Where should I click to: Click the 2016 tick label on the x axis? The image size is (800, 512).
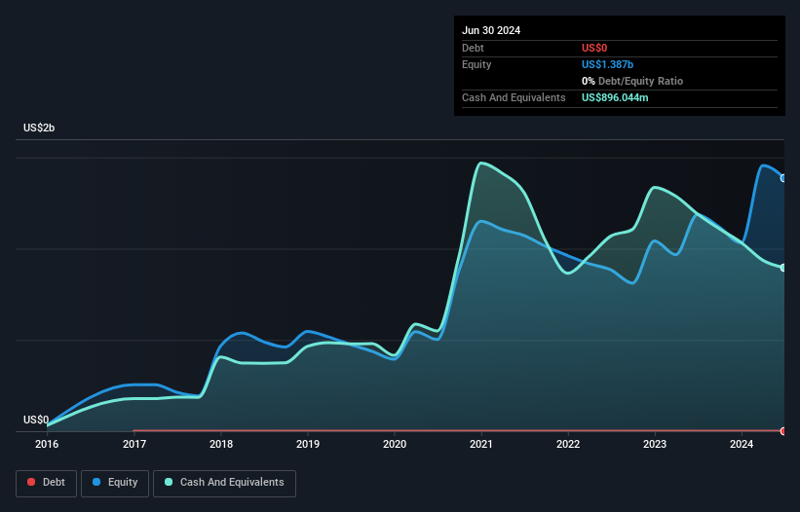pyautogui.click(x=47, y=445)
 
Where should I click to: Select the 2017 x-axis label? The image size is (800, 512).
pyautogui.click(x=134, y=445)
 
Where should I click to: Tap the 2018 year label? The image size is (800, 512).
pyautogui.click(x=221, y=445)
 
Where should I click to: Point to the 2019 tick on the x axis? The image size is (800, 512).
pyautogui.click(x=308, y=445)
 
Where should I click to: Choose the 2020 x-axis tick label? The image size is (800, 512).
pyautogui.click(x=395, y=445)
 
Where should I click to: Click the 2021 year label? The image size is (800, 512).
pyautogui.click(x=481, y=445)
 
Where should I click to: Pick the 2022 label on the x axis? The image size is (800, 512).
pyautogui.click(x=568, y=445)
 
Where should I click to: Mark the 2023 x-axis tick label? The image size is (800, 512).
pyautogui.click(x=655, y=445)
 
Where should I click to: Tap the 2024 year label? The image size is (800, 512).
pyautogui.click(x=742, y=445)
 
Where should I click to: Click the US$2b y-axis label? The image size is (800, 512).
pyautogui.click(x=40, y=128)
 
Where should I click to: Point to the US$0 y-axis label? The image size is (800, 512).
pyautogui.click(x=36, y=421)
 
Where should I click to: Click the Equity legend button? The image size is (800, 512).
pyautogui.click(x=114, y=483)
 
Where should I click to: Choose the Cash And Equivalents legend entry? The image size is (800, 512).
pyautogui.click(x=223, y=483)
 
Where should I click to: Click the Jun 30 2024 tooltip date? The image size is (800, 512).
pyautogui.click(x=491, y=30)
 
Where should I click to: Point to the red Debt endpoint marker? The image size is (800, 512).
pyautogui.click(x=783, y=430)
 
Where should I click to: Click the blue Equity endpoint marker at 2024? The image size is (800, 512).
pyautogui.click(x=783, y=178)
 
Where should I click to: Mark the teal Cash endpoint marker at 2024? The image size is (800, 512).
pyautogui.click(x=783, y=268)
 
